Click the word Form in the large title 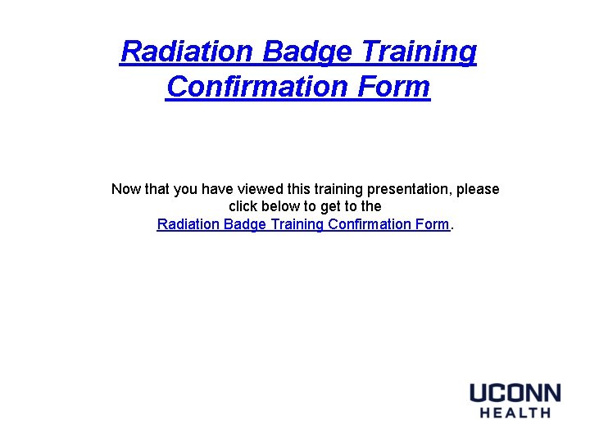coord(397,86)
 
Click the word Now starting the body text coord(126,189)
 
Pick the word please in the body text coord(478,189)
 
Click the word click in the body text coord(244,206)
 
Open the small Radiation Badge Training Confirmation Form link coord(303,224)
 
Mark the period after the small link coord(452,227)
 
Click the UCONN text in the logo coord(515,393)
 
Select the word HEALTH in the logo coord(515,413)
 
